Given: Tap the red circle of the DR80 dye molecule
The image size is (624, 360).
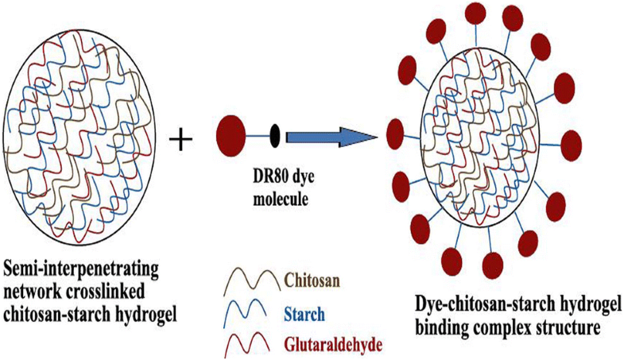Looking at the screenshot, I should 231,133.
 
